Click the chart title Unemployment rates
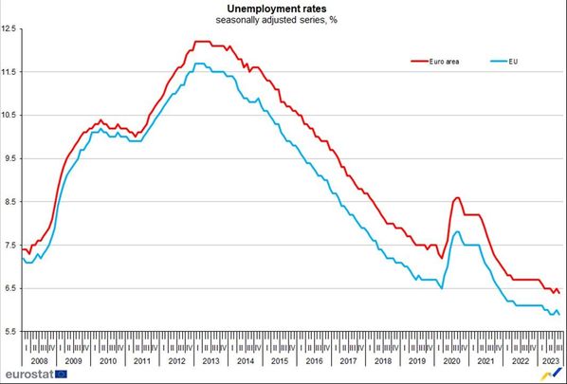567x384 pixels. coord(277,8)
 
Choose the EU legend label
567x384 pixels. coord(513,63)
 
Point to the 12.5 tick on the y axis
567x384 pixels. coord(10,29)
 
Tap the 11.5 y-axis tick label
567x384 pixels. coord(10,72)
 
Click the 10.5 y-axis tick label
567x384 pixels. coord(10,116)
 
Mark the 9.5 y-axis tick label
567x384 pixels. coord(10,158)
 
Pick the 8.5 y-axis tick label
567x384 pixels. coord(10,202)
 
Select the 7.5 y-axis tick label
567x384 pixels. coord(10,245)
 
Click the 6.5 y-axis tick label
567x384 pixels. coord(10,288)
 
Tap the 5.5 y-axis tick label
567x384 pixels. coord(10,331)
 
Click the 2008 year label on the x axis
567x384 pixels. coord(40,360)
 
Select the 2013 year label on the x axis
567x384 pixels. coord(210,360)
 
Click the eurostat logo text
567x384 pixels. coord(26,375)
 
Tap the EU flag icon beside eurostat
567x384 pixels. coord(62,375)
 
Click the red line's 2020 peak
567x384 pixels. coord(457,198)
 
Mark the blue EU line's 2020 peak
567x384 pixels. coord(458,231)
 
